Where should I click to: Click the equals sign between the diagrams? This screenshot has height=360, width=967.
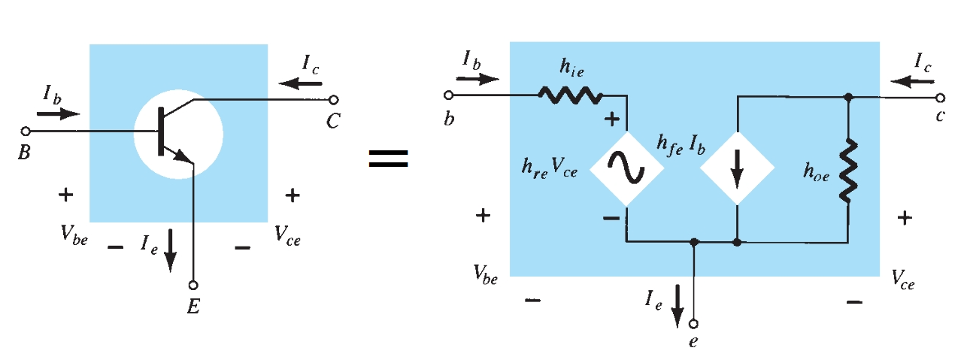(x=388, y=156)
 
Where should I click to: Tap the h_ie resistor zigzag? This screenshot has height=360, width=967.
(x=570, y=95)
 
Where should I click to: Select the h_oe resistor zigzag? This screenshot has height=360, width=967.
(x=847, y=170)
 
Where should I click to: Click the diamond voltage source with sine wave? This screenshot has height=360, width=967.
(x=626, y=169)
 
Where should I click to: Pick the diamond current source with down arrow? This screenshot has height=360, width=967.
(x=738, y=169)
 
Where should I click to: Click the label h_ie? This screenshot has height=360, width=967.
(x=570, y=68)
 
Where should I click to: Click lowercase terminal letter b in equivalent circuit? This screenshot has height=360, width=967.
(x=449, y=119)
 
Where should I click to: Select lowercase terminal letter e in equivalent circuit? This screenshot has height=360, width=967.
(x=693, y=342)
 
